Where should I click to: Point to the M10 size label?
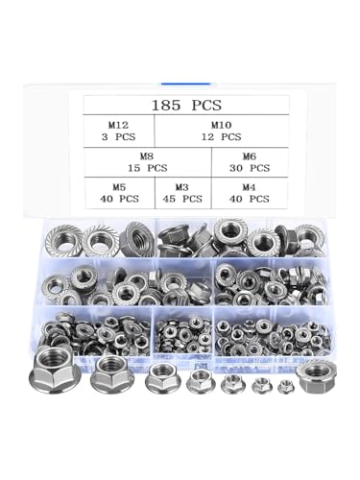pyautogui.click(x=221, y=124)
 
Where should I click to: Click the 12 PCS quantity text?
pyautogui.click(x=221, y=137)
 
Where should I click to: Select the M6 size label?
pyautogui.click(x=249, y=155)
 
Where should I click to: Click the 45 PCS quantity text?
pyautogui.click(x=181, y=199)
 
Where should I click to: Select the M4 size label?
pyautogui.click(x=249, y=185)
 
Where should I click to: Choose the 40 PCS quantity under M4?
pyautogui.click(x=249, y=199)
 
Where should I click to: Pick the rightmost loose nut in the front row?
pyautogui.click(x=316, y=373)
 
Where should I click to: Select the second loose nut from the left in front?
pyautogui.click(x=111, y=375)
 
